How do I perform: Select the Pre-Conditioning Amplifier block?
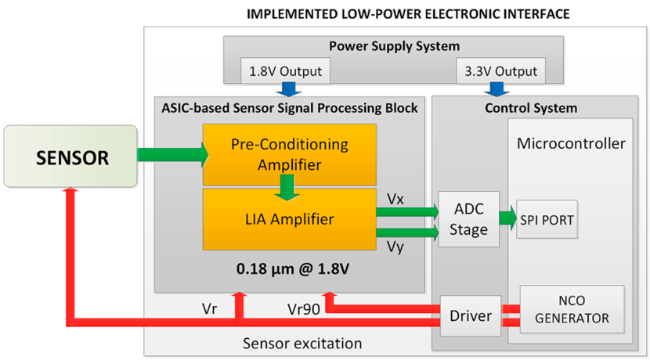click(x=289, y=154)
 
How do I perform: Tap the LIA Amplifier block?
click(x=289, y=218)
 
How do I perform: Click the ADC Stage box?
click(x=468, y=219)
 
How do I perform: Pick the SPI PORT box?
click(x=547, y=220)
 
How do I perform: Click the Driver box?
click(x=471, y=317)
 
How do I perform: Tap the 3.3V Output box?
click(x=500, y=72)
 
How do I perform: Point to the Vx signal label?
click(x=395, y=199)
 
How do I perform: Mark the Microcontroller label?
click(x=571, y=143)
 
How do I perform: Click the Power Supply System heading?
click(x=393, y=46)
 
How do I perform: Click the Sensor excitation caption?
click(x=291, y=343)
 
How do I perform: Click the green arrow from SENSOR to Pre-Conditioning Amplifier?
click(x=172, y=155)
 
